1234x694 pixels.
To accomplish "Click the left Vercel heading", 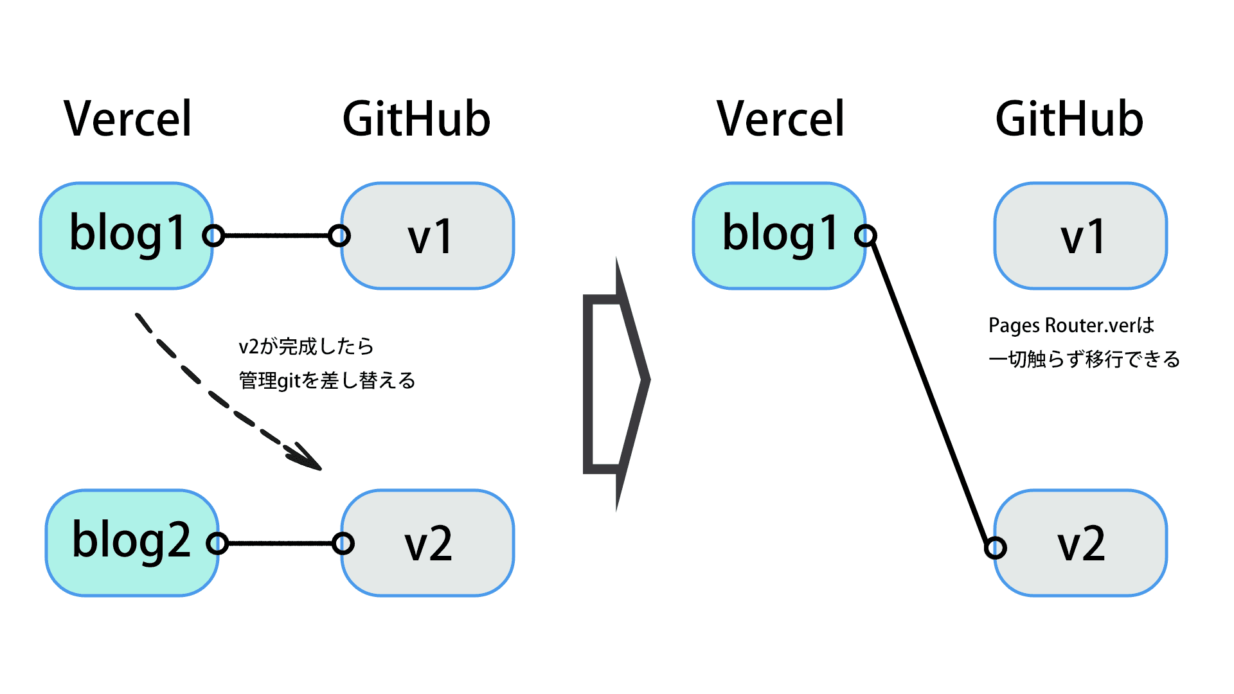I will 128,119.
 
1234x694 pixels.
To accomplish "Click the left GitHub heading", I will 416,119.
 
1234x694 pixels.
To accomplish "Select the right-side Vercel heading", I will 780,119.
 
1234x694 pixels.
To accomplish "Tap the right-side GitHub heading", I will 1069,119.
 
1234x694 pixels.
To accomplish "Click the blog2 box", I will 131,543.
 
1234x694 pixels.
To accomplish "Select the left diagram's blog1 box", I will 127,236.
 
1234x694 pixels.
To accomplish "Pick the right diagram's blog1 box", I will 779,236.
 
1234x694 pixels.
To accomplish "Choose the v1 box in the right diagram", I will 1082,236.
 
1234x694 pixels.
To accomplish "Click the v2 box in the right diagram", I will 1082,543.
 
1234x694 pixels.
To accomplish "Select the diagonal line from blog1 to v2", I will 931,392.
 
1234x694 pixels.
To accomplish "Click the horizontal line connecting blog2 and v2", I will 280,544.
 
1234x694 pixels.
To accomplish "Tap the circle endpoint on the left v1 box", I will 339,236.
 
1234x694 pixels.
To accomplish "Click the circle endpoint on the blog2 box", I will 217,544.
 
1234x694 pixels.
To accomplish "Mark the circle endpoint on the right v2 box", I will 996,548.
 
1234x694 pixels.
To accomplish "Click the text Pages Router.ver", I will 1060,325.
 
